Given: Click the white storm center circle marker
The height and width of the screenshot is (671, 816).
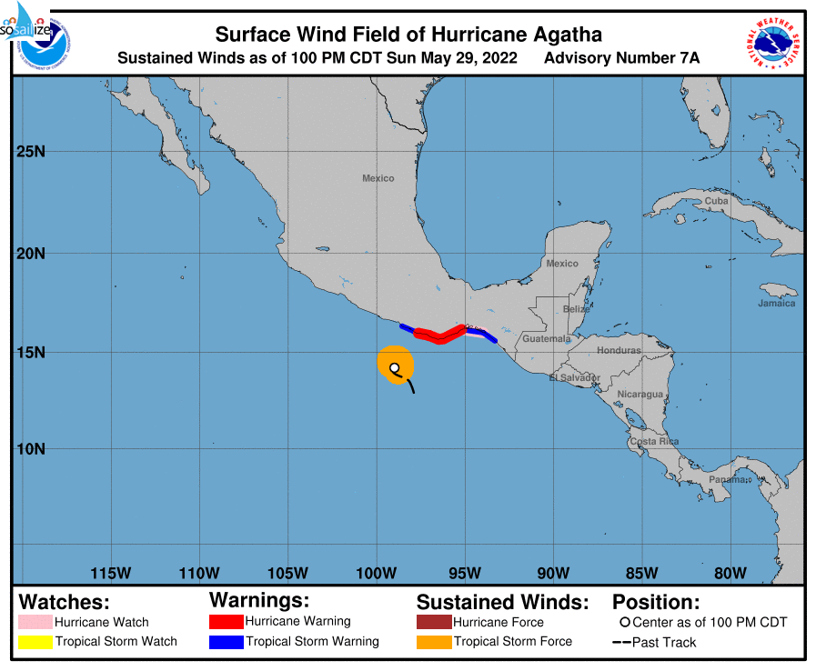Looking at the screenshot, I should [x=395, y=368].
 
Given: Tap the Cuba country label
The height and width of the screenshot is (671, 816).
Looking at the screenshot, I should [x=717, y=201].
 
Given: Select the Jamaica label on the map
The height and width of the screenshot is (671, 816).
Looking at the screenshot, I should [x=776, y=304].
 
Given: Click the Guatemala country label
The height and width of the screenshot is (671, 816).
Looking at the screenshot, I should [x=547, y=339].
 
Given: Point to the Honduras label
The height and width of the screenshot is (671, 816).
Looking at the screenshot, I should [x=619, y=350].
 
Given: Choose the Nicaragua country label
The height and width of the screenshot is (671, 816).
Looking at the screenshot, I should [x=640, y=395].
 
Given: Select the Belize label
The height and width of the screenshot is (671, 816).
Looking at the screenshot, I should [x=576, y=309].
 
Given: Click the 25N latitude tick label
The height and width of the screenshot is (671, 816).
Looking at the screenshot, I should [x=31, y=151].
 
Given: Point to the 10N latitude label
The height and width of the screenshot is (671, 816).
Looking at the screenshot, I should [x=31, y=449].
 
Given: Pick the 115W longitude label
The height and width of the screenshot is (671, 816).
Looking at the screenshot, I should [x=111, y=573].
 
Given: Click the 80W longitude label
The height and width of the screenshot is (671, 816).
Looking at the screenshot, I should [x=730, y=573].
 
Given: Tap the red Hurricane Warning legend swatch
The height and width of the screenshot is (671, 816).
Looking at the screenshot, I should [x=226, y=622].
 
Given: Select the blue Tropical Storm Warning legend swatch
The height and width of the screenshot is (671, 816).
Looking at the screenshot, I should [x=226, y=642].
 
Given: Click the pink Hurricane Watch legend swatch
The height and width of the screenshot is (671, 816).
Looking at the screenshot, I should [x=35, y=623].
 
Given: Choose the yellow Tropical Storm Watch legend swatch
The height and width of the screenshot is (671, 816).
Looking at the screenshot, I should [x=35, y=642].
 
